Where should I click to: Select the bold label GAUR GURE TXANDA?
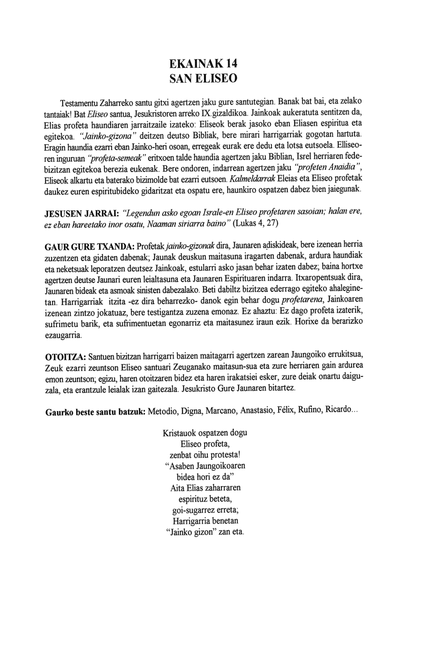click(90, 247)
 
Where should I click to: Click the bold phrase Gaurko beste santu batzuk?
click(95, 412)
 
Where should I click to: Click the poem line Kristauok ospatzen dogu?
click(205, 433)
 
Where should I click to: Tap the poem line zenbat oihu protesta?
click(205, 455)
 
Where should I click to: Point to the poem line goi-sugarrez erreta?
click(205, 510)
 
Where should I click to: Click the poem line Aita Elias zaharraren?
click(205, 488)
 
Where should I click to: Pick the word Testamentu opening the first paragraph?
click(79, 103)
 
